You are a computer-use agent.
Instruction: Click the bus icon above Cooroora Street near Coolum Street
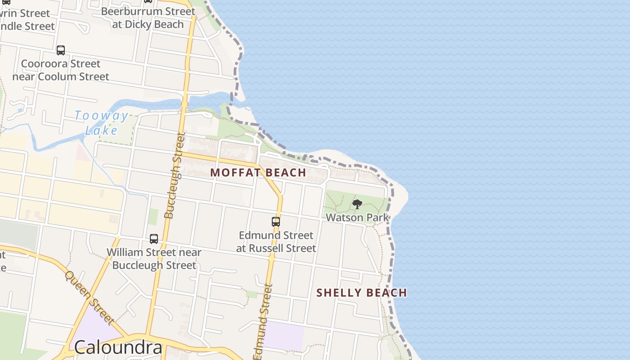click(61, 50)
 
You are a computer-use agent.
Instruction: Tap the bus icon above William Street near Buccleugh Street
click(154, 239)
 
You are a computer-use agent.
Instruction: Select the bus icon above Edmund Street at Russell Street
click(276, 222)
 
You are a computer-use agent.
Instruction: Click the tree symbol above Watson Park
click(357, 205)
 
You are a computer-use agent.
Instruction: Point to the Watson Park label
click(357, 217)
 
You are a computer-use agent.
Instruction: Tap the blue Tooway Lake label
click(102, 123)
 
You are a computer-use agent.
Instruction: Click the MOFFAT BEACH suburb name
click(258, 172)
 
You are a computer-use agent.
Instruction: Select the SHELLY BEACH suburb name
click(361, 293)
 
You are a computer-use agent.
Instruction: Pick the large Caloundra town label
click(118, 347)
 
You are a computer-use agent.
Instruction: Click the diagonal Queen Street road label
click(88, 297)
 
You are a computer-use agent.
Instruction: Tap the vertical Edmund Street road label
click(264, 321)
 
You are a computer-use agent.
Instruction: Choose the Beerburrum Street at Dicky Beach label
click(148, 18)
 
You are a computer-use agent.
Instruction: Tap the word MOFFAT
click(234, 172)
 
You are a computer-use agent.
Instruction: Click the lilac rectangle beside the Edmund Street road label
click(284, 335)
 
